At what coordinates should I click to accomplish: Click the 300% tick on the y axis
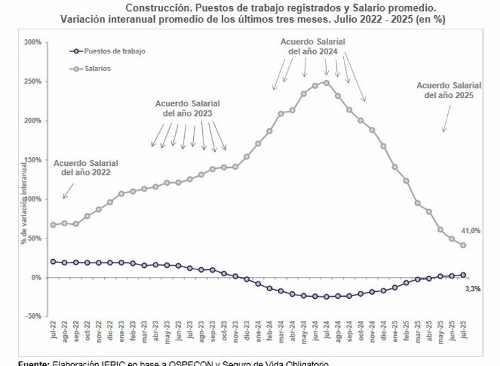(33, 42)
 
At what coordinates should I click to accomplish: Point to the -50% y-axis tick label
(33, 317)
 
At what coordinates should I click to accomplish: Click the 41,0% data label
(471, 231)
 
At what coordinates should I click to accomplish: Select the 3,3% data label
(473, 289)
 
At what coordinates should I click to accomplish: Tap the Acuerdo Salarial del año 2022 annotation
(86, 168)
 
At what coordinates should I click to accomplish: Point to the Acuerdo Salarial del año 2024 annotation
(313, 46)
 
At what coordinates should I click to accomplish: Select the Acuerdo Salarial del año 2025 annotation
(449, 90)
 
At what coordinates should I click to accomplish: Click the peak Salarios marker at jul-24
(327, 82)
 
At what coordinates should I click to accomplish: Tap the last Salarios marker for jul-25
(463, 245)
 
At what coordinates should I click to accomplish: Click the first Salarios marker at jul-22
(53, 225)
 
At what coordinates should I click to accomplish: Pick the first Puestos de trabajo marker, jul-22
(53, 262)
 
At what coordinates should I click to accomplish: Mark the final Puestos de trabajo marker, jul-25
(463, 275)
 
